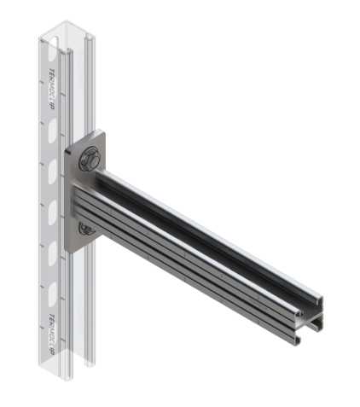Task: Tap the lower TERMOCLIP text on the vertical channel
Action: coord(53,329)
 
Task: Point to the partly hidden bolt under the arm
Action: coord(85,228)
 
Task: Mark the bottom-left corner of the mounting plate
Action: coord(70,248)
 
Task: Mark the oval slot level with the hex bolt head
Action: coord(53,167)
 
